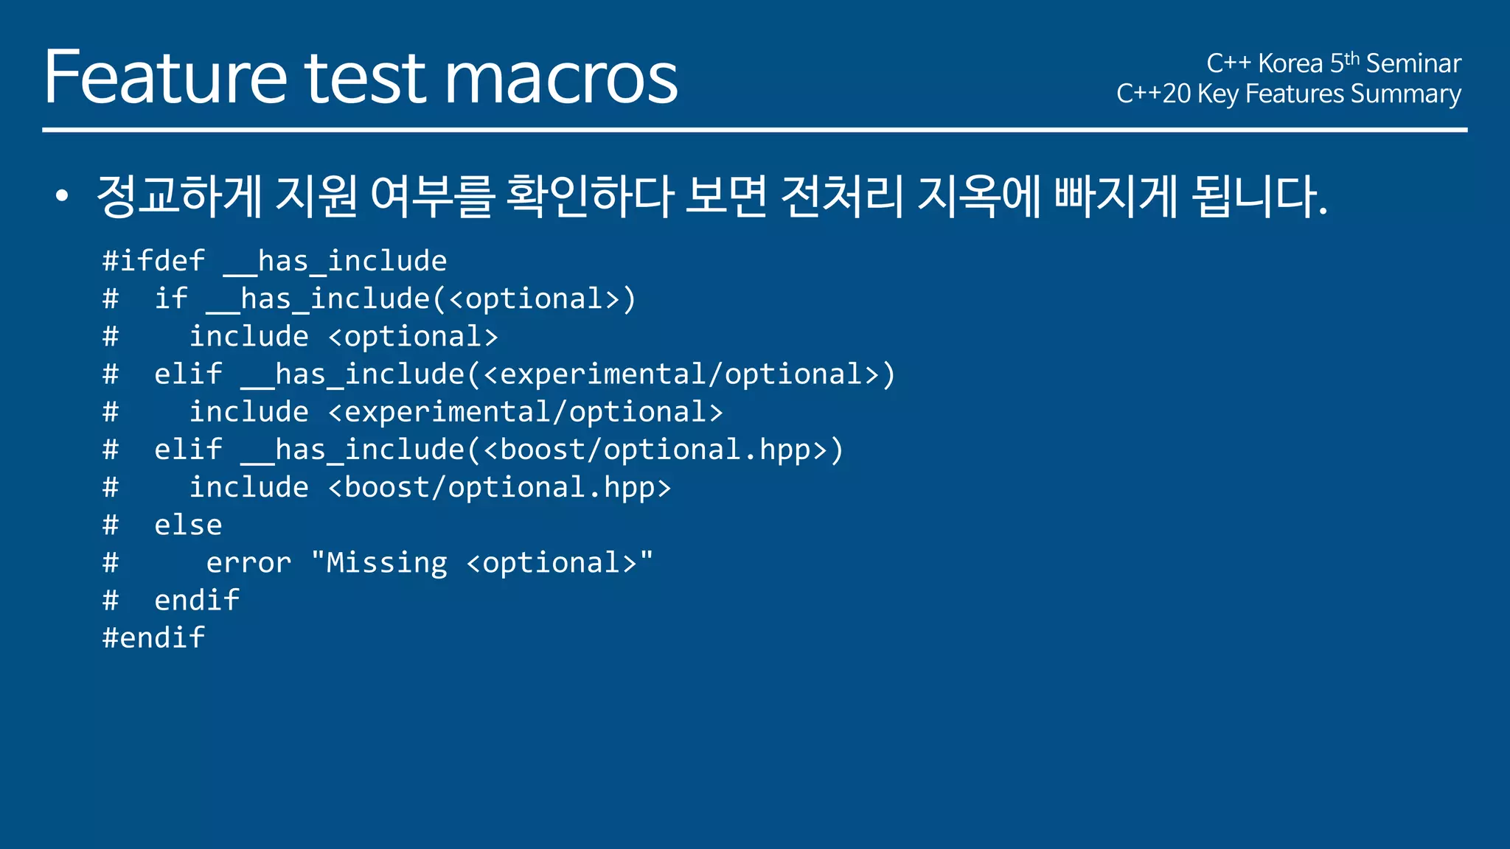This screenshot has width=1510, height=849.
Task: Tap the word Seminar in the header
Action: point(1413,63)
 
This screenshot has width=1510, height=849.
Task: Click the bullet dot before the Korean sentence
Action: point(62,196)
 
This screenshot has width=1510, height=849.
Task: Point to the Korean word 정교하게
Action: point(179,196)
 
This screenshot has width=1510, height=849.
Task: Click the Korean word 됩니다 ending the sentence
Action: point(1258,196)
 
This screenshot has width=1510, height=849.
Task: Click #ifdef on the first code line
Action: point(153,261)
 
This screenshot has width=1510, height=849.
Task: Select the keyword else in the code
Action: point(188,525)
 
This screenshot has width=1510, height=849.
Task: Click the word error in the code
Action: point(248,563)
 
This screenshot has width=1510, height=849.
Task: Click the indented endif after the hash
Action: point(197,600)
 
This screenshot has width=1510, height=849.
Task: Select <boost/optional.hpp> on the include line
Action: point(500,488)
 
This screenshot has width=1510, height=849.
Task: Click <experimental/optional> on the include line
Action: point(526,412)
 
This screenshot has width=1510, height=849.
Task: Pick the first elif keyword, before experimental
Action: point(188,374)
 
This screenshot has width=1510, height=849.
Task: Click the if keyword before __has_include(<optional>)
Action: point(171,298)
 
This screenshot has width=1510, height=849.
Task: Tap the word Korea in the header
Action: point(1290,63)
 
